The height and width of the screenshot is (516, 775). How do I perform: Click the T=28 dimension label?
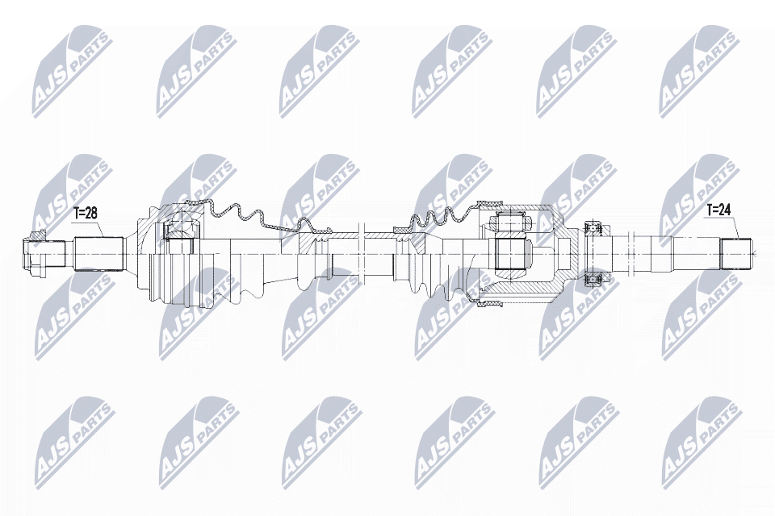[x=85, y=214]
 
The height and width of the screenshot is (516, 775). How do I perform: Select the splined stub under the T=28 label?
[x=98, y=252]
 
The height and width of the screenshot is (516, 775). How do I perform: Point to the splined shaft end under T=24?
[x=735, y=253]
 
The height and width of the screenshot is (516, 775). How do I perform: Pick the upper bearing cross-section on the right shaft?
[x=593, y=229]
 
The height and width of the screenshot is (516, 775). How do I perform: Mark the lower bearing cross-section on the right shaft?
[x=593, y=278]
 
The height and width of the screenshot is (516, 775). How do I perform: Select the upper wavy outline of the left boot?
[x=242, y=212]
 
